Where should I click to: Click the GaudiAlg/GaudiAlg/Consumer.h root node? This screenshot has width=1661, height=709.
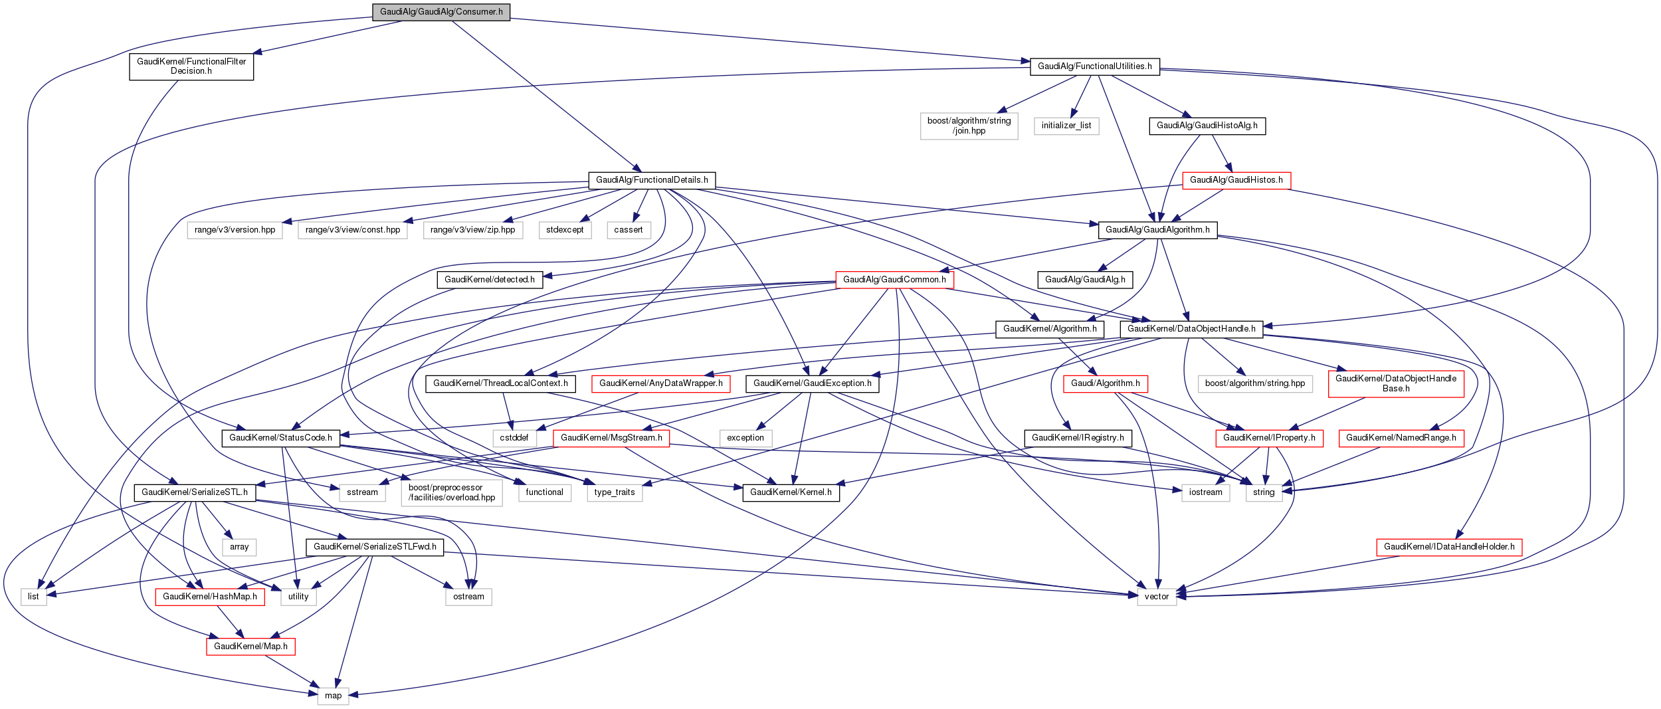coord(441,12)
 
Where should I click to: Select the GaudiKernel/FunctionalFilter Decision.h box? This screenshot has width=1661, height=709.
coord(191,66)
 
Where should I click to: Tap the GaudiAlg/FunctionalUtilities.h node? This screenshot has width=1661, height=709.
coord(1094,66)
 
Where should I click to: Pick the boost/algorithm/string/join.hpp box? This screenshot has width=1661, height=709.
coord(969,126)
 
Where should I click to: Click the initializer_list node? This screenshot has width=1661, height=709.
coord(1066,126)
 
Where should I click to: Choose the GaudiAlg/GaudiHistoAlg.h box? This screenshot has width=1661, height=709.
coord(1207,126)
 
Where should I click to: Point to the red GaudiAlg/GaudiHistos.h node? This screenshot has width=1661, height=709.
coord(1236,180)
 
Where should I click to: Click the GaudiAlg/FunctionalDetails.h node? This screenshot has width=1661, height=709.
coord(651,180)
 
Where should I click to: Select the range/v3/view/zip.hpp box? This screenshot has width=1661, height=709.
coord(472,230)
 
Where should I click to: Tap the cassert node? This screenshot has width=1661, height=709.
coord(628,230)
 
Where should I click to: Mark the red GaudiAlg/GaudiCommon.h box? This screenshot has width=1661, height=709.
coord(894,280)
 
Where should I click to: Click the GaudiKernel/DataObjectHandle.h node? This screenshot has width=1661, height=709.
coord(1191,329)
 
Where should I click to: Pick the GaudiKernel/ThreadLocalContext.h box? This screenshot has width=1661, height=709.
coord(500,383)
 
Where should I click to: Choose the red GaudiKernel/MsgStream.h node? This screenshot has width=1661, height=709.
coord(611,438)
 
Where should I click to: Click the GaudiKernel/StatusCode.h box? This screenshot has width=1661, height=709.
coord(280,438)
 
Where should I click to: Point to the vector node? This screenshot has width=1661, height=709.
coord(1156,597)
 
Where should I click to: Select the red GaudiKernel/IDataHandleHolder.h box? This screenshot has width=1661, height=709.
coord(1448,547)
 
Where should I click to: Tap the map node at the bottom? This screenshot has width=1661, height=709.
coord(333,696)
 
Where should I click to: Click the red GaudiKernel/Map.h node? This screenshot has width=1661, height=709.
coord(250,647)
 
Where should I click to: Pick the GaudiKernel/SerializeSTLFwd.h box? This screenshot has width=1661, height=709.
coord(375,547)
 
